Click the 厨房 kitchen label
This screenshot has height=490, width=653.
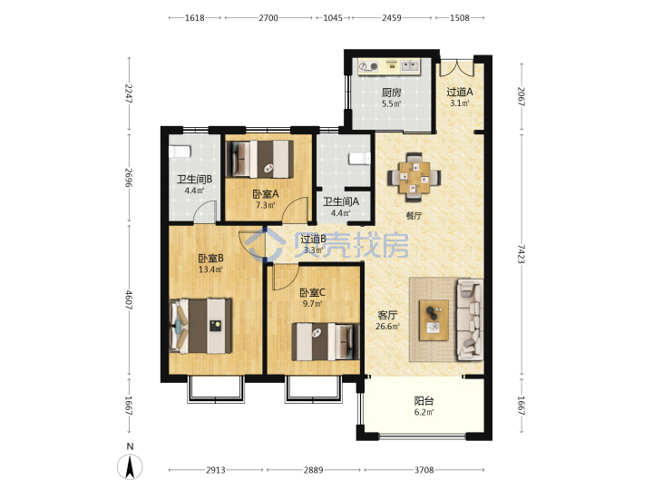click(x=392, y=92)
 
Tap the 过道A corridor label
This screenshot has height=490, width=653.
click(x=460, y=92)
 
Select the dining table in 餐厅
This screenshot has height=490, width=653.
click(x=414, y=178)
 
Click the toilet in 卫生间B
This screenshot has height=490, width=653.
click(x=180, y=152)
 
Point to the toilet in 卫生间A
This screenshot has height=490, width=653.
click(x=360, y=159)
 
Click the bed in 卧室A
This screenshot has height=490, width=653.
click(x=259, y=159)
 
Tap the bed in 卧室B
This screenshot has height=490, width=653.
click(x=200, y=326)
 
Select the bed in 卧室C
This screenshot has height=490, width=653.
click(x=326, y=342)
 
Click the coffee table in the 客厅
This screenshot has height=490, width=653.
click(x=434, y=320)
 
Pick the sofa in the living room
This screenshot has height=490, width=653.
click(x=470, y=319)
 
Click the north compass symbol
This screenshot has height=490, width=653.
click(x=130, y=465)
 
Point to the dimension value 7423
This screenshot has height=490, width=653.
click(x=521, y=254)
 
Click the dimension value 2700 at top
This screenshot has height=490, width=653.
click(x=268, y=18)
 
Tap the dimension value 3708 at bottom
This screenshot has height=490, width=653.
click(x=424, y=470)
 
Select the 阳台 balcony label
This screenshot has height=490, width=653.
click(x=424, y=401)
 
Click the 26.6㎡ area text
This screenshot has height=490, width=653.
click(x=388, y=327)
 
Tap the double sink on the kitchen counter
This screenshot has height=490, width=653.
click(x=410, y=65)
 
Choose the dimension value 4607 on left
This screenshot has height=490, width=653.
click(x=129, y=299)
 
